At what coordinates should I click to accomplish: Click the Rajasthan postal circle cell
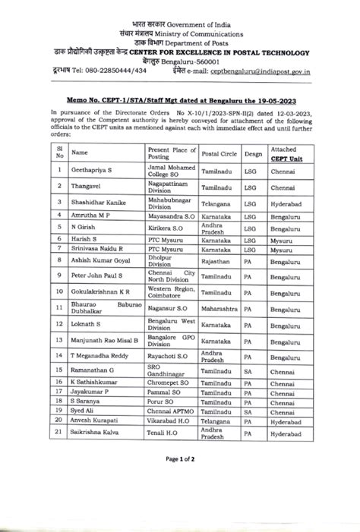click(218, 261)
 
